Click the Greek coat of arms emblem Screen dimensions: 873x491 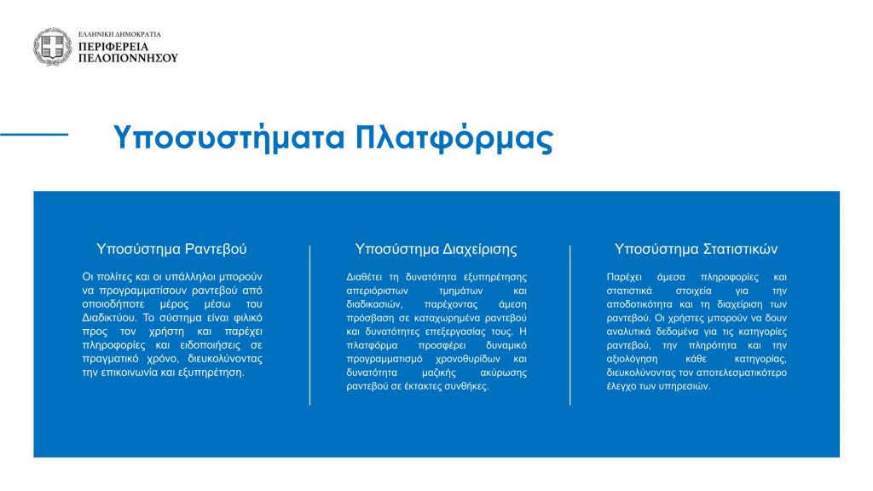(x=52, y=47)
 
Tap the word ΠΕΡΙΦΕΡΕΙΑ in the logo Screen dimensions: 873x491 (x=113, y=47)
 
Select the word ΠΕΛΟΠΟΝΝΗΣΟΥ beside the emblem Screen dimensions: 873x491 (x=128, y=58)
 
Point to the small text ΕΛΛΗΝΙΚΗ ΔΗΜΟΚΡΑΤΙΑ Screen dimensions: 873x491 (x=119, y=34)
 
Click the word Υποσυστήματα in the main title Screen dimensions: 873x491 (x=229, y=137)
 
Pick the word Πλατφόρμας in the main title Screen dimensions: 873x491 (x=454, y=137)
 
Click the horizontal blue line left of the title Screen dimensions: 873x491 (x=34, y=134)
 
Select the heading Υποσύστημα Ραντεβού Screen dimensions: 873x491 (x=171, y=249)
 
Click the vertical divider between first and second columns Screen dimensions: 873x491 (x=310, y=325)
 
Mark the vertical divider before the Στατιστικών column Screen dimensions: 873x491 (x=570, y=325)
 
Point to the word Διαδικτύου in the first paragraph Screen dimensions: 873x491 (x=109, y=318)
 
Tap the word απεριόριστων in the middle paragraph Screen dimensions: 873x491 (x=377, y=291)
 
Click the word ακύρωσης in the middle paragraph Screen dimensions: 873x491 (x=503, y=373)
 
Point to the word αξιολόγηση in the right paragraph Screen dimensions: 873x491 (x=632, y=359)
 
